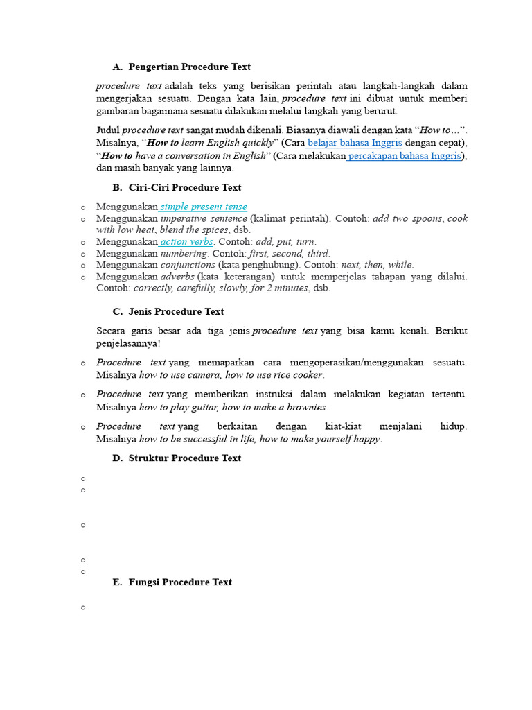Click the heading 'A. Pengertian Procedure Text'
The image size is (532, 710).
point(181,67)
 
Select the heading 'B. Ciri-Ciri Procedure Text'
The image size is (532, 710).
point(177,188)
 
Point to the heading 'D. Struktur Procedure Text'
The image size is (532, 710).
point(177,458)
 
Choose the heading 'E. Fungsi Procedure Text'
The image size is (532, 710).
point(172,582)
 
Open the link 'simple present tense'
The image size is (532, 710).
point(204,207)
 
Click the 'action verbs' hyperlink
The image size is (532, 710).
point(187,242)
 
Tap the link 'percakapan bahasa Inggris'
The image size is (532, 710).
point(404,156)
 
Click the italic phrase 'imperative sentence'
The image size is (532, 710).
point(204,219)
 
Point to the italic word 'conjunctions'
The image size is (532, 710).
point(188,265)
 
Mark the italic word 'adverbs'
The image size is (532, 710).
point(177,277)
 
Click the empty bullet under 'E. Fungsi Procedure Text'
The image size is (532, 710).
point(83,608)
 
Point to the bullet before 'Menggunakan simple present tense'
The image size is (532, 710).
point(83,207)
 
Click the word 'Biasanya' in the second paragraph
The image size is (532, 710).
point(285,130)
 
